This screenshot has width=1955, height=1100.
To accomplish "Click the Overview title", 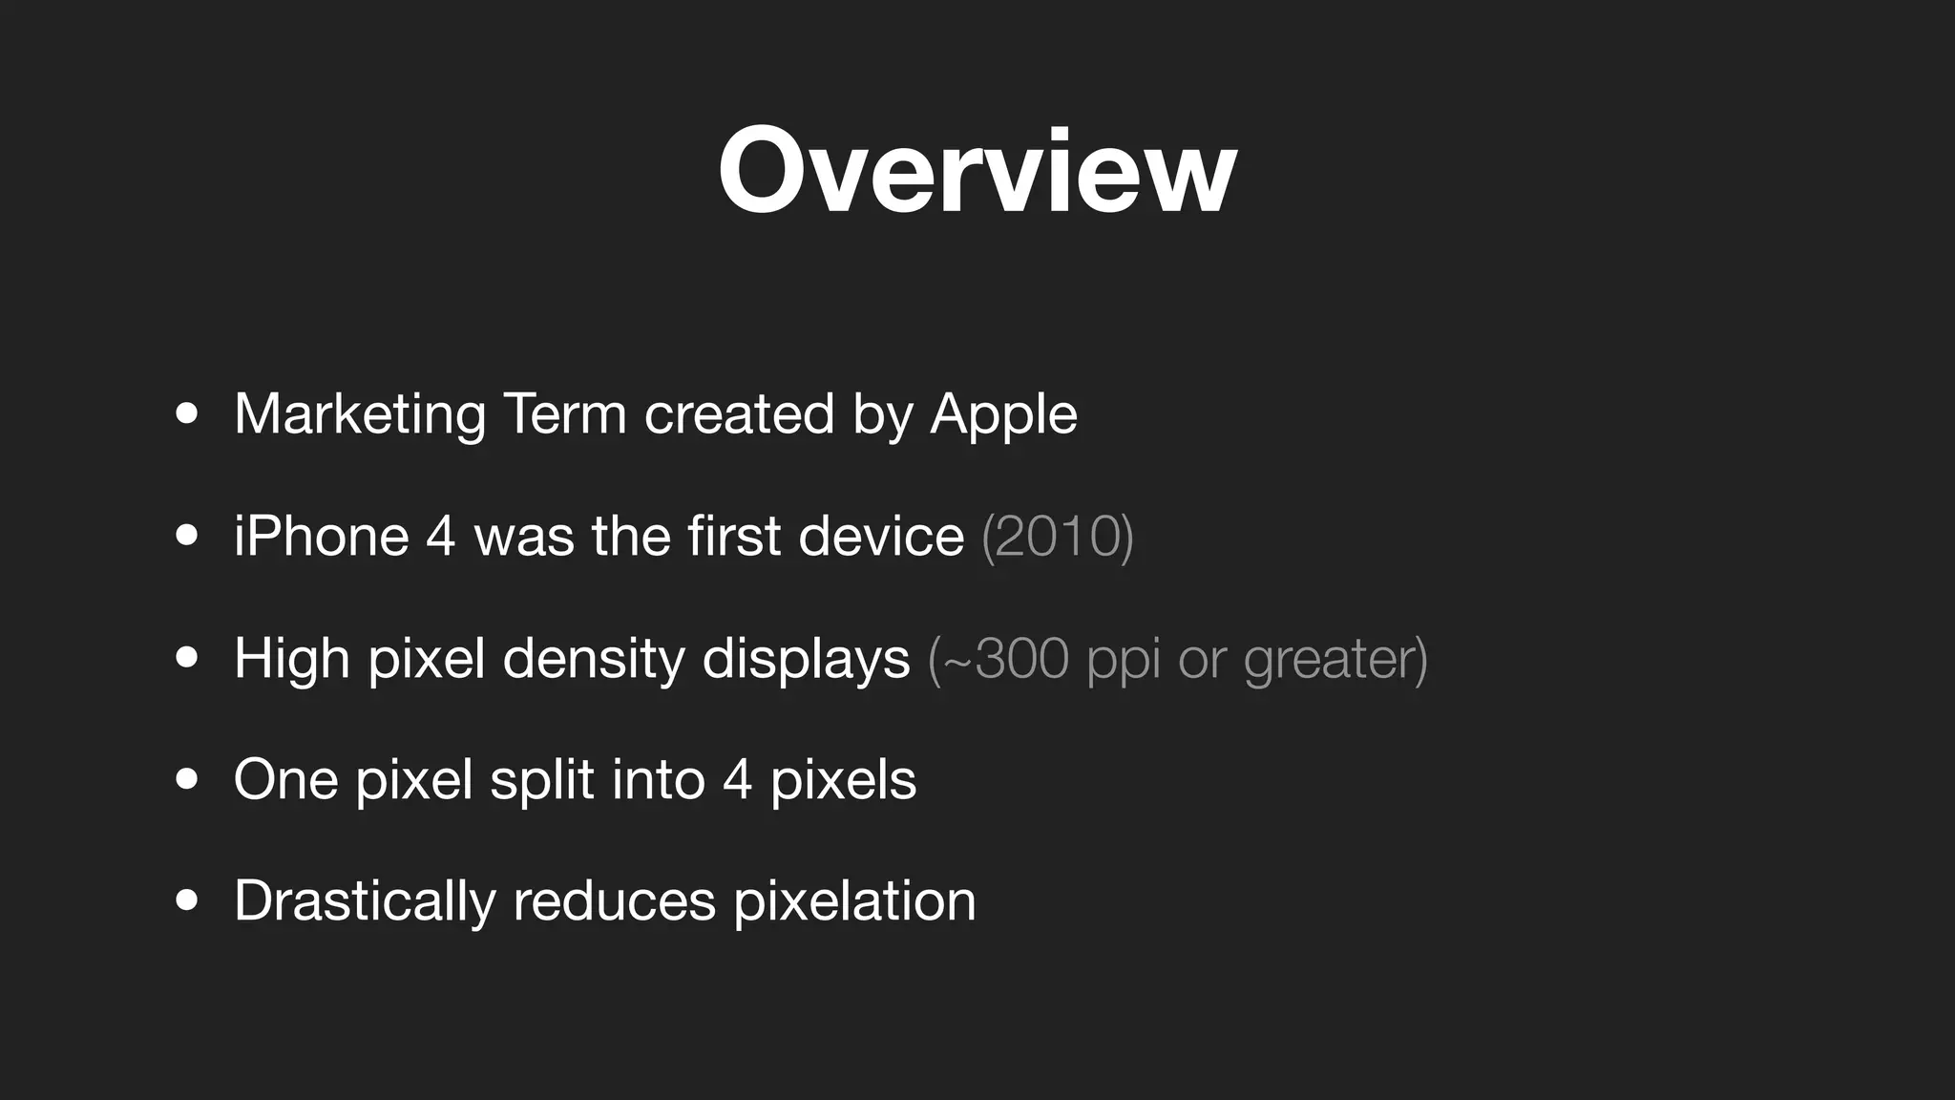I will click(x=977, y=172).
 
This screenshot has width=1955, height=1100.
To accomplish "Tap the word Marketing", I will click(x=360, y=414).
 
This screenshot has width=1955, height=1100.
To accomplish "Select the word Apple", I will click(x=1003, y=414).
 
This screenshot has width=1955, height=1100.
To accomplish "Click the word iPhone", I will click(x=321, y=536).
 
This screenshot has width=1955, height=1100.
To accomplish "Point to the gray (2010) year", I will click(x=1057, y=536).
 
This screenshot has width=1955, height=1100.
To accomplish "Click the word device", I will click(x=880, y=536).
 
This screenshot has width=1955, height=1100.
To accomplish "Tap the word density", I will click(x=593, y=658).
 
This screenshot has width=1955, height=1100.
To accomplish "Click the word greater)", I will click(x=1335, y=658).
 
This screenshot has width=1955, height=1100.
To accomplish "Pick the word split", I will click(x=541, y=779).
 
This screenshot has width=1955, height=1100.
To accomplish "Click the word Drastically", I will click(x=365, y=900).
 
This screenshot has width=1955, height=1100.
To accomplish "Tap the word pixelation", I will click(x=854, y=900).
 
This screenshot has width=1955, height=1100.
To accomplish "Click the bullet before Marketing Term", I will click(x=187, y=414).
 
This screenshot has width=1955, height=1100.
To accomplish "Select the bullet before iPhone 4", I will click(x=187, y=536).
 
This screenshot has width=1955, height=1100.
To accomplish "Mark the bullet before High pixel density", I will click(x=187, y=658).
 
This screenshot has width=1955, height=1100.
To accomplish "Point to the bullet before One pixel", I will click(x=187, y=779).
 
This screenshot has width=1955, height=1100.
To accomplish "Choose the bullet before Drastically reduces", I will click(x=187, y=900).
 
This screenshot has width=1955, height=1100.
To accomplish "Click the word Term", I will click(x=564, y=414).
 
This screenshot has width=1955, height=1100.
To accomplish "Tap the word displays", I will click(x=806, y=658).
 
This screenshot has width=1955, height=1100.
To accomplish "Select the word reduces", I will click(x=614, y=900).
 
